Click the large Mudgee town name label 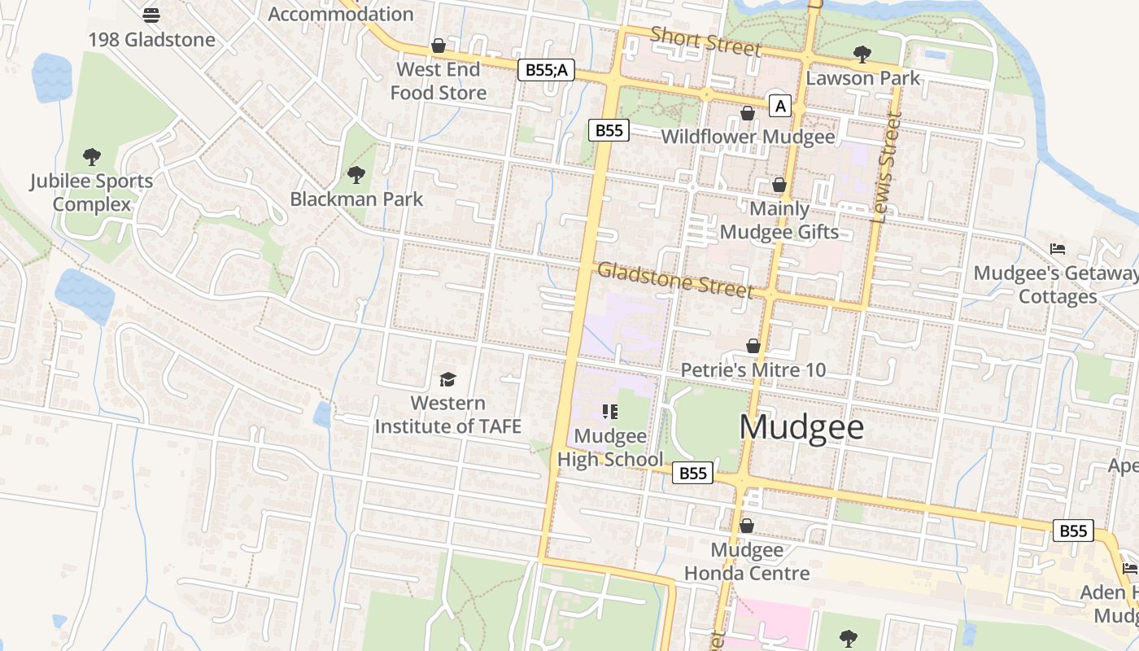(801, 427)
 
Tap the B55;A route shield (546, 70)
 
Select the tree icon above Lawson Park (862, 55)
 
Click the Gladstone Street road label (675, 281)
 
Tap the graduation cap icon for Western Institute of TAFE (447, 379)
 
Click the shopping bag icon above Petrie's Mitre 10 (753, 346)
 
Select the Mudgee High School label (610, 448)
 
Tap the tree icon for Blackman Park (356, 174)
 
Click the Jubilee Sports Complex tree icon (92, 156)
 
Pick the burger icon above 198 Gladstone (151, 15)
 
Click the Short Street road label (705, 42)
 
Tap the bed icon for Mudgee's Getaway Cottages (1058, 248)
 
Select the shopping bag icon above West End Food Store (439, 46)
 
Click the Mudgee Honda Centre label (747, 561)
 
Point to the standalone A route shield (780, 106)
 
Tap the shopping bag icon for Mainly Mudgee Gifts (779, 185)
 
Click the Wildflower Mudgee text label (748, 137)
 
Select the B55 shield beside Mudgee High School (692, 473)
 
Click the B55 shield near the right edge (1073, 531)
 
